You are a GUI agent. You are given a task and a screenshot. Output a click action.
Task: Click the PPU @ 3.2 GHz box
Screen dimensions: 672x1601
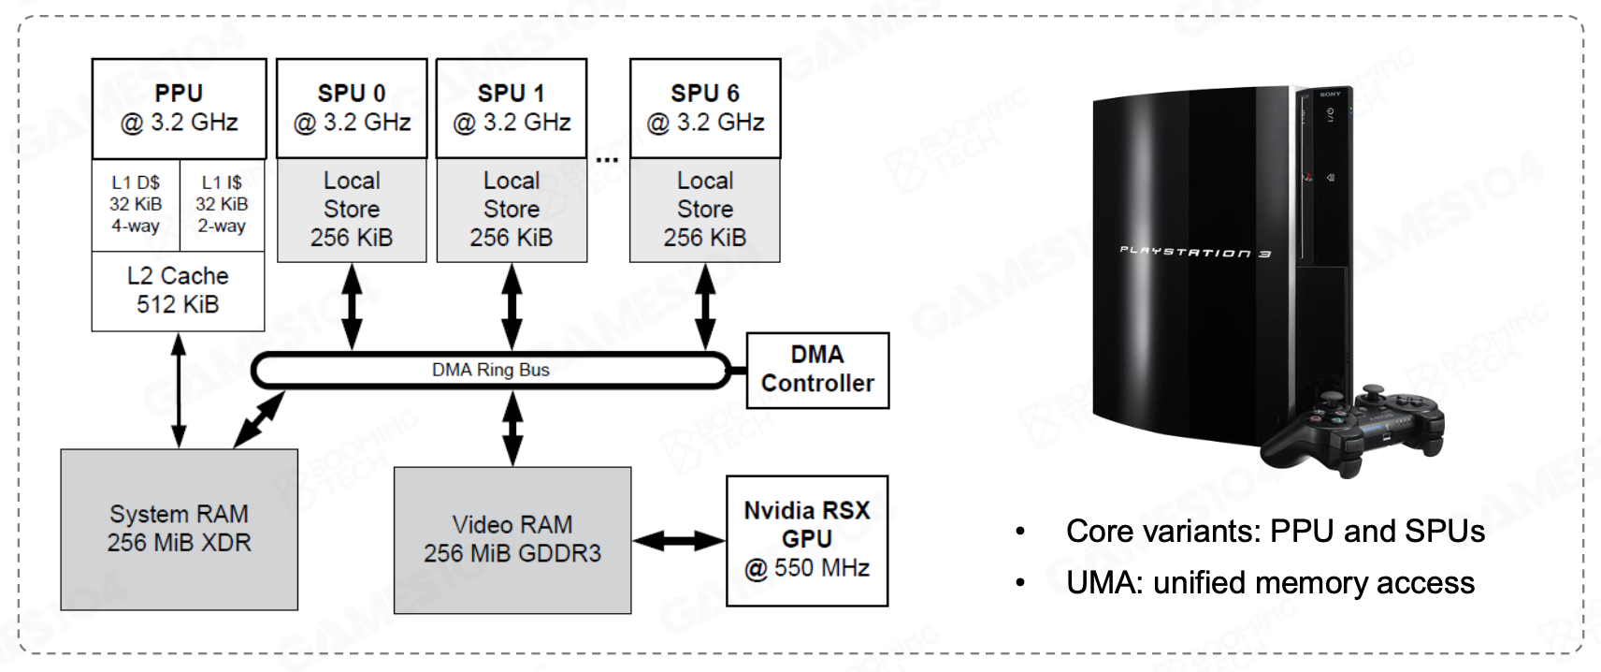tap(179, 109)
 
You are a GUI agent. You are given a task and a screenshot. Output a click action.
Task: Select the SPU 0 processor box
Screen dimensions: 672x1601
tap(352, 109)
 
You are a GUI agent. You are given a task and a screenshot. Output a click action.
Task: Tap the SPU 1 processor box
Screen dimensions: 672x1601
tap(512, 109)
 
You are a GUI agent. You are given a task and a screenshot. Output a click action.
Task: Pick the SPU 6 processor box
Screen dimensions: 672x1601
tap(705, 109)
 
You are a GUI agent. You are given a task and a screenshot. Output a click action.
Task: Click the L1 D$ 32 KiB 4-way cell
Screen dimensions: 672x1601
tap(136, 204)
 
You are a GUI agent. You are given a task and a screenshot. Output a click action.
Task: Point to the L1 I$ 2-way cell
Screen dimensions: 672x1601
tap(222, 204)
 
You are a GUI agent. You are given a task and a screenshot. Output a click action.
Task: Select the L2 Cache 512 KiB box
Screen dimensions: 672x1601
tap(178, 290)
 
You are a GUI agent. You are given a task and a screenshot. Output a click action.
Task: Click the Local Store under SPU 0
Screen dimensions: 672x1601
tap(352, 209)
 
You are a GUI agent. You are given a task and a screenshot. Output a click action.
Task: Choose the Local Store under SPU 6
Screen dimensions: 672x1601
tap(705, 209)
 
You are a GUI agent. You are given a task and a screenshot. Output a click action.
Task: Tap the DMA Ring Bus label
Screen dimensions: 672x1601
tap(490, 370)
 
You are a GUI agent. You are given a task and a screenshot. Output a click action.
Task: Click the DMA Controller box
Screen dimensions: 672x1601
tap(817, 370)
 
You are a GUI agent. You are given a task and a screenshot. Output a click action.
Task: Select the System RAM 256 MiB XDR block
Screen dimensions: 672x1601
tap(179, 529)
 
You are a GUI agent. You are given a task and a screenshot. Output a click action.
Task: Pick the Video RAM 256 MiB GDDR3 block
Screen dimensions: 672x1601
tap(512, 539)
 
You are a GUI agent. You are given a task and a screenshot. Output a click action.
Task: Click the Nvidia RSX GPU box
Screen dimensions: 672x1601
tap(807, 539)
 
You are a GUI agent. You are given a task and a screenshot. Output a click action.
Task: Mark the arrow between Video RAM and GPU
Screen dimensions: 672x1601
tap(679, 540)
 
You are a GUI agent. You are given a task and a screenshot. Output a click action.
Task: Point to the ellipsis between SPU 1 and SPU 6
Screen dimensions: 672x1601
tap(608, 159)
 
